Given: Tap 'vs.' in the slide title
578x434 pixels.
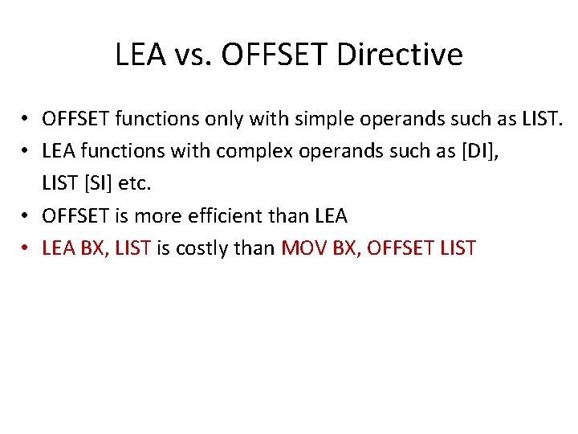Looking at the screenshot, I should (189, 55).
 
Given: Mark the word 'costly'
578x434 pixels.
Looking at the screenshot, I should (197, 248).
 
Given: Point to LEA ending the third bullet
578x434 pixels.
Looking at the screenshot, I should (330, 216).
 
